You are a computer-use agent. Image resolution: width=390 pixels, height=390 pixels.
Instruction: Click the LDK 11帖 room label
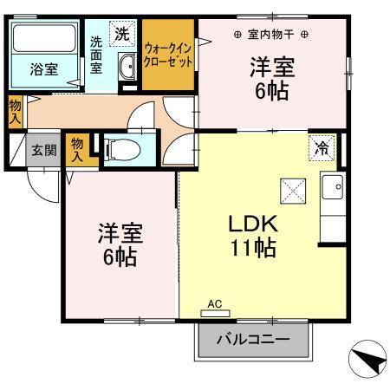point(251,235)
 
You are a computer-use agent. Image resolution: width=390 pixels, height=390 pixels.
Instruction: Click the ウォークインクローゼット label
point(168,56)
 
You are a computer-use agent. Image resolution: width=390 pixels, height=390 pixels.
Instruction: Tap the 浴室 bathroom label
point(43,69)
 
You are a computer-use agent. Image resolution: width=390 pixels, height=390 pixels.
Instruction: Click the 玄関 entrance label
point(43,149)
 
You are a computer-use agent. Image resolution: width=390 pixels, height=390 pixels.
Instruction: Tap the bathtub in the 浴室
point(45,40)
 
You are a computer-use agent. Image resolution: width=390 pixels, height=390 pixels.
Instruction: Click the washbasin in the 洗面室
point(127,66)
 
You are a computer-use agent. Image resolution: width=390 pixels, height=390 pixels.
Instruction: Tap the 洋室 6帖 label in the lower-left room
point(120,244)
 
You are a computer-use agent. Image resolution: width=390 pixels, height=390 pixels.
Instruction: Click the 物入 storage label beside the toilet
point(78,149)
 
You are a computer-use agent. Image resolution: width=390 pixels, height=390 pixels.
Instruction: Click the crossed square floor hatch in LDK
point(291,189)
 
